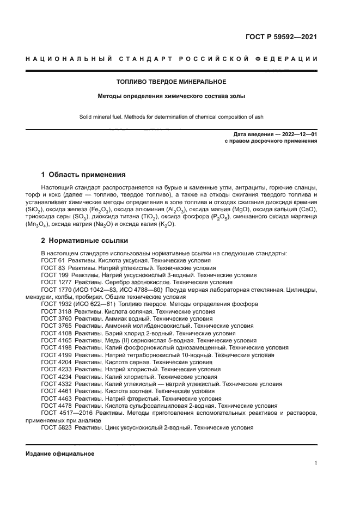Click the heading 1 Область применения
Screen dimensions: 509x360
[83, 175]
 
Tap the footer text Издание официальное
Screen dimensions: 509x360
[60, 453]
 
